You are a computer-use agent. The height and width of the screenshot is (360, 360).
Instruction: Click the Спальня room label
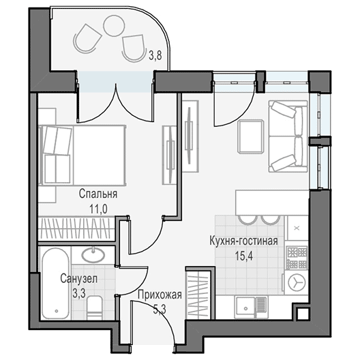click(x=98, y=194)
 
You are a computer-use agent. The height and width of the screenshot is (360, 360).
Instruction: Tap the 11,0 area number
click(x=98, y=209)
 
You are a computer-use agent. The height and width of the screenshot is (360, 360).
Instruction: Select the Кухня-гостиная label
click(x=243, y=241)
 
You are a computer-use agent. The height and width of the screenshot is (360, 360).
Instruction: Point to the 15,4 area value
click(x=244, y=256)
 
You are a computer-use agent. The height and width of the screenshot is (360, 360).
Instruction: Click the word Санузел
click(x=79, y=279)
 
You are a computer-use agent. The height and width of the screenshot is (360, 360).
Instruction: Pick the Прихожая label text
click(x=160, y=295)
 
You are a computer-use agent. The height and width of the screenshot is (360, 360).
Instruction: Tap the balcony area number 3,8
click(x=155, y=55)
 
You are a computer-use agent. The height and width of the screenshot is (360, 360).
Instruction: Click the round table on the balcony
click(x=114, y=26)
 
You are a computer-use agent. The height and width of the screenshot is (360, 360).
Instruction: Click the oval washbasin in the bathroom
click(x=93, y=255)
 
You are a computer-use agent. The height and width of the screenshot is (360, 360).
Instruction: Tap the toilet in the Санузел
click(x=94, y=307)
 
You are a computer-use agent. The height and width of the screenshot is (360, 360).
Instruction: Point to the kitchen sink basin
click(x=246, y=307)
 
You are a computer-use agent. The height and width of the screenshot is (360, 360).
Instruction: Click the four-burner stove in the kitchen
click(x=297, y=258)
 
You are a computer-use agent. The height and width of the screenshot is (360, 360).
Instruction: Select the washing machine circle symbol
click(x=297, y=283)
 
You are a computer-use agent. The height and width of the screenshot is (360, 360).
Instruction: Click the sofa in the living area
click(x=288, y=136)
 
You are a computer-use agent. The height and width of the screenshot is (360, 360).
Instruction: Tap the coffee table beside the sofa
click(x=250, y=136)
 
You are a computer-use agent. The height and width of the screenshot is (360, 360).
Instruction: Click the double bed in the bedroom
click(x=82, y=155)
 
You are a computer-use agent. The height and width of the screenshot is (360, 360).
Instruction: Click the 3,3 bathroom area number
click(x=79, y=293)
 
